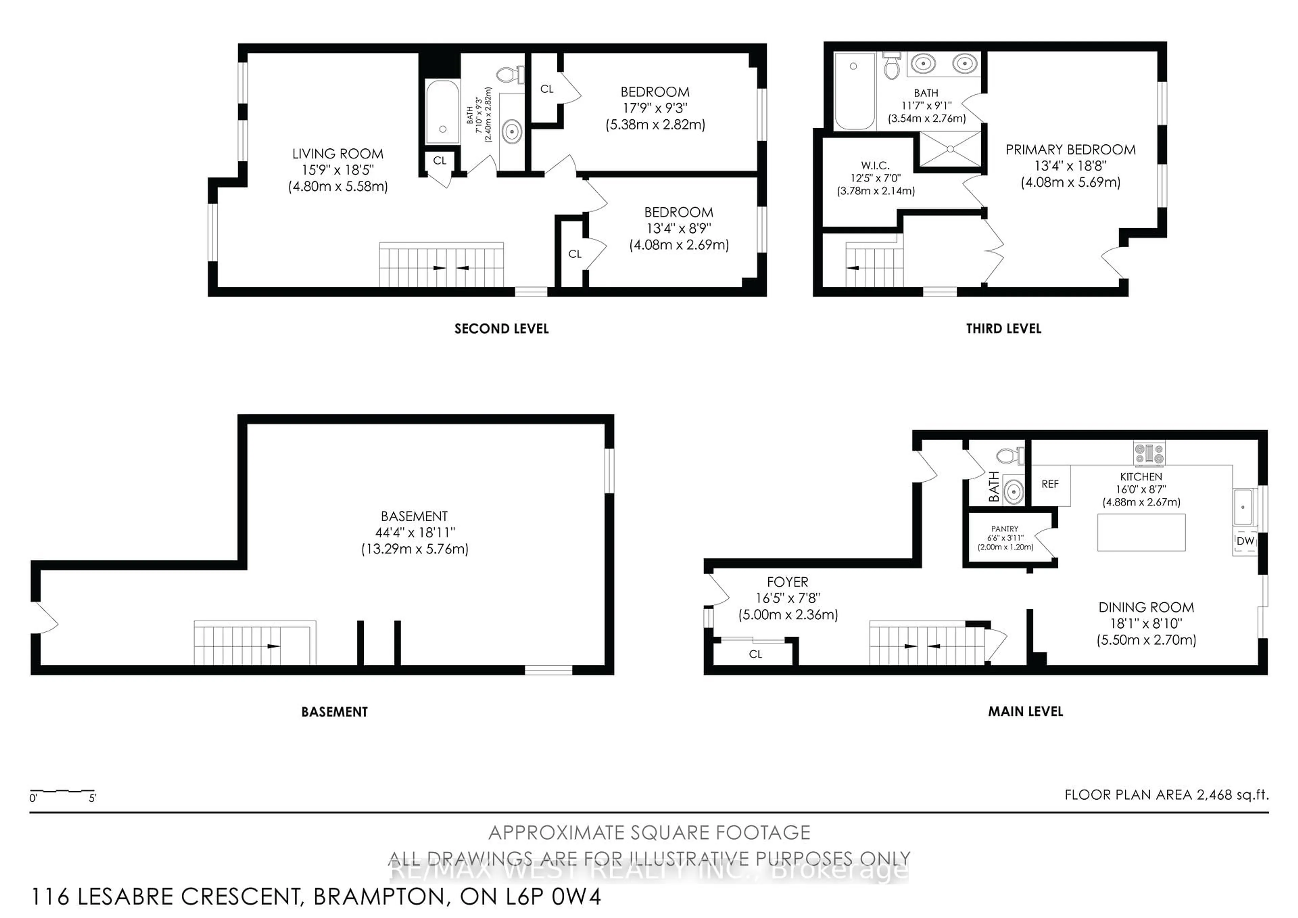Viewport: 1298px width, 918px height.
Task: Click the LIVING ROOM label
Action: pos(337,154)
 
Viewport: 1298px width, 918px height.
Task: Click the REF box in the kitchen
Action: pos(1050,484)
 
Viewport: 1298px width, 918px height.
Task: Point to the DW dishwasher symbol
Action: pos(1245,541)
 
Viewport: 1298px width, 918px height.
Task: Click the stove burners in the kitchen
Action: pos(1149,453)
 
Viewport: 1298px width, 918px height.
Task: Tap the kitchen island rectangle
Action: pos(1141,532)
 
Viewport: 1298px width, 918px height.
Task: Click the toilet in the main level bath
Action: pos(1010,455)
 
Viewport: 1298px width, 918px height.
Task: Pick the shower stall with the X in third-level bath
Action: pos(950,149)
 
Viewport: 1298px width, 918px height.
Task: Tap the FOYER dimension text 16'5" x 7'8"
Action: pos(788,598)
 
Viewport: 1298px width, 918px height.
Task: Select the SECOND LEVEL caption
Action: pos(501,329)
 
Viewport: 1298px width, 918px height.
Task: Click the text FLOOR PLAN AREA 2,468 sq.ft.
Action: pos(1166,795)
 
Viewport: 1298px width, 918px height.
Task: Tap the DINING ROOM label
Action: pos(1146,607)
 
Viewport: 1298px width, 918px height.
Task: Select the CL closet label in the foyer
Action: pos(755,655)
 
